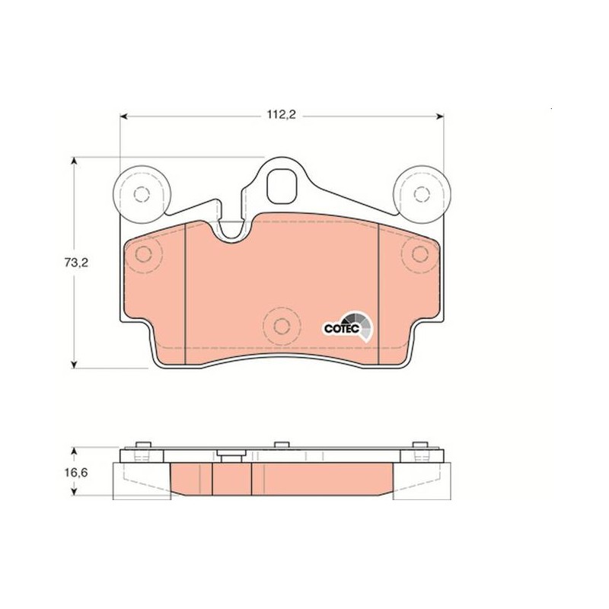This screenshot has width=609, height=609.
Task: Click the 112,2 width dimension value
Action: [x=281, y=115]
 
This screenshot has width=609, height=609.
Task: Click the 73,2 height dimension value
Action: [x=76, y=263]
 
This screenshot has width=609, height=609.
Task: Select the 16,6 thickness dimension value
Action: [x=76, y=473]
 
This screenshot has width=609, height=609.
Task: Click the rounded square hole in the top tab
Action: [x=282, y=187]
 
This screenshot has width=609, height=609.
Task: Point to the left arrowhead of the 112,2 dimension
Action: [x=124, y=116]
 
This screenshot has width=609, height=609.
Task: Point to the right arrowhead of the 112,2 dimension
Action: [x=440, y=116]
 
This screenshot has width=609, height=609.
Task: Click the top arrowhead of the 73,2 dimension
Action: [x=74, y=161]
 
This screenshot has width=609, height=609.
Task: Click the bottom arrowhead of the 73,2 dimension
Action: [x=74, y=365]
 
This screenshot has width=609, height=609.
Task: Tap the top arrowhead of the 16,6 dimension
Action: [x=74, y=451]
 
